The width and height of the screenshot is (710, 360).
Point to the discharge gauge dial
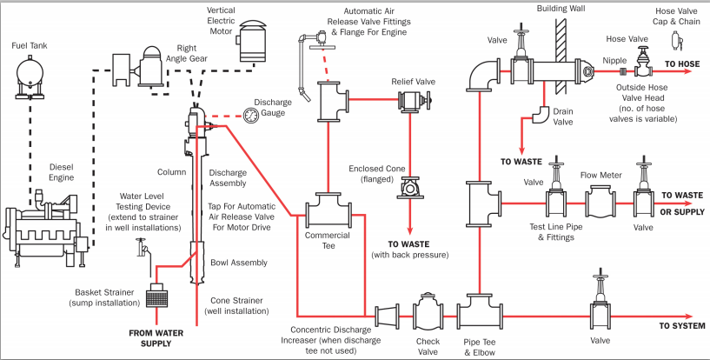[x=250, y=115]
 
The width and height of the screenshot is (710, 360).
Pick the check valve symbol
[x=427, y=312]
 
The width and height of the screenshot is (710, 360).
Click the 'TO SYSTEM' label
[x=680, y=325]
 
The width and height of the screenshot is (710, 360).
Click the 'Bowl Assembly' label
[x=239, y=262]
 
